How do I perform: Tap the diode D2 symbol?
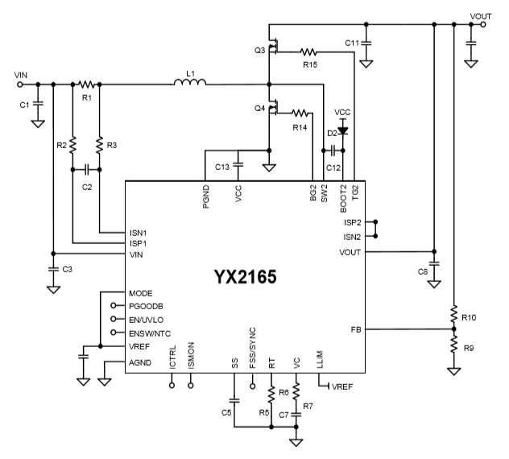(x=343, y=129)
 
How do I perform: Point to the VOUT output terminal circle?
(x=482, y=25)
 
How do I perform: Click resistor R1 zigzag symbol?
(x=87, y=83)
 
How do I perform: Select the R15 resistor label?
(x=309, y=63)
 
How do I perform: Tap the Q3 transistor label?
(x=259, y=50)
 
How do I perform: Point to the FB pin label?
(x=355, y=329)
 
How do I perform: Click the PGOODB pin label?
(x=145, y=305)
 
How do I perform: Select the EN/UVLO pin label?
(x=147, y=319)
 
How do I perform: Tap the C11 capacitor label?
(x=352, y=42)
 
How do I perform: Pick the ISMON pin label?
(x=191, y=358)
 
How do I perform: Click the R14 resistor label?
(x=300, y=127)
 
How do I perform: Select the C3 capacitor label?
(x=68, y=270)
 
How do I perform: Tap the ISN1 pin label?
(x=139, y=232)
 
